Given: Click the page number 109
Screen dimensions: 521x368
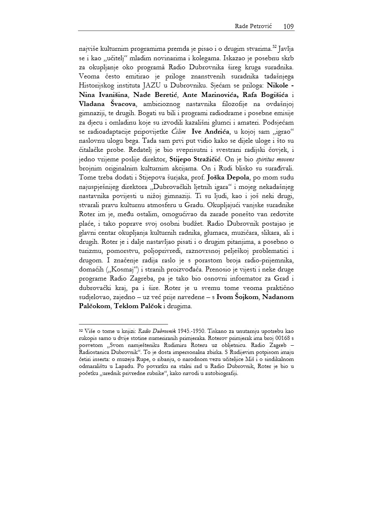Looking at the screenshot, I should pyautogui.click(x=288, y=26).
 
